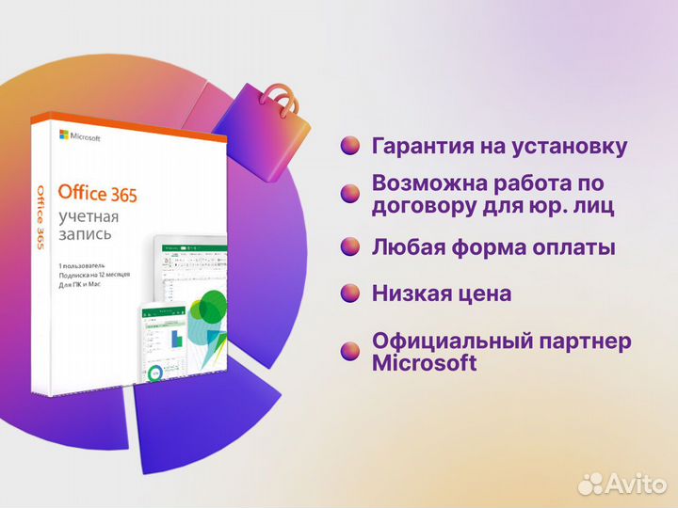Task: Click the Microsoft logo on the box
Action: (79, 135)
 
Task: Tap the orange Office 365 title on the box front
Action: (97, 195)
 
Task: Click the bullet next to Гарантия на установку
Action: (350, 146)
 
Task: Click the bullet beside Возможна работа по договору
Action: (350, 193)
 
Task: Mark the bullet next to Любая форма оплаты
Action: (350, 247)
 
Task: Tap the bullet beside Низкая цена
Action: (350, 294)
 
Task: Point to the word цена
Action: (479, 294)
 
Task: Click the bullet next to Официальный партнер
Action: (350, 351)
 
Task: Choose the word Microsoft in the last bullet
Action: (425, 363)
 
